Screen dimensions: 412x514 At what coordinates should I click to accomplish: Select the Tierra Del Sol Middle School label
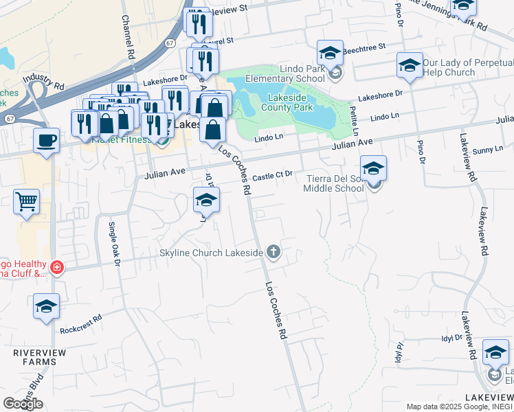(x=334, y=183)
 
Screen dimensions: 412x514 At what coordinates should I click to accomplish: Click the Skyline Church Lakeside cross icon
(x=273, y=252)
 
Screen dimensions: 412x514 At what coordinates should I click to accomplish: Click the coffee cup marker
(x=47, y=140)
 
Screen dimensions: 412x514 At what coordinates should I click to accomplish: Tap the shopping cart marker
(x=26, y=201)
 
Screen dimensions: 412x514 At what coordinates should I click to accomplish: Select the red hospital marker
(x=57, y=267)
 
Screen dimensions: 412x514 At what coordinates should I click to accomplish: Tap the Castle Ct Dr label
(x=273, y=176)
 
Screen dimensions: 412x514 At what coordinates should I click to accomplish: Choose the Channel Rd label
(x=127, y=37)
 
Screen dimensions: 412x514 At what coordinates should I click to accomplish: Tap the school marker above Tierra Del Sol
(x=373, y=168)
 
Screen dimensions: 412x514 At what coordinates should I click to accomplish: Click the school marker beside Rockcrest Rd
(x=46, y=306)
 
